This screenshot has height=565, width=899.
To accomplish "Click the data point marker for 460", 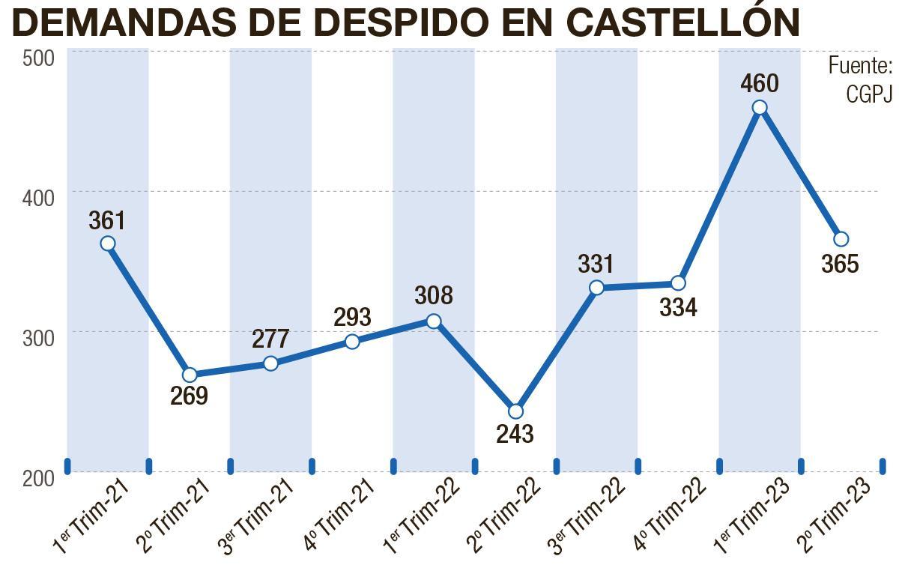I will pyautogui.click(x=760, y=107).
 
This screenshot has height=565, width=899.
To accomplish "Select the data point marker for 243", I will pyautogui.click(x=515, y=411).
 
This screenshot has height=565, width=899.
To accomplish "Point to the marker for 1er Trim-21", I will pyautogui.click(x=108, y=243).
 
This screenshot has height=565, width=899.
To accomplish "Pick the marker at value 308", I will pyautogui.click(x=434, y=321).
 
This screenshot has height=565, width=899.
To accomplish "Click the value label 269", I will pyautogui.click(x=189, y=396).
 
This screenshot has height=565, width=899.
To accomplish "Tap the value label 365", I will pyautogui.click(x=840, y=264).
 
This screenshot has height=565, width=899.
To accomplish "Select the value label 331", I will pyautogui.click(x=596, y=264).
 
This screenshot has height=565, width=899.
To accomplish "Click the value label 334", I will pyautogui.click(x=678, y=306).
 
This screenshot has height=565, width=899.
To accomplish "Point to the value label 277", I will pyautogui.click(x=270, y=339).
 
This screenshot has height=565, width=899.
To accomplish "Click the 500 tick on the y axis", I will pyautogui.click(x=38, y=58).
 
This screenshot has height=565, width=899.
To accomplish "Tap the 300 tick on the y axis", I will pyautogui.click(x=38, y=338).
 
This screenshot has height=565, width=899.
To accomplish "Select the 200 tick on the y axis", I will pyautogui.click(x=38, y=478).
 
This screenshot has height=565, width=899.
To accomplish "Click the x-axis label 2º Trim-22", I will pyautogui.click(x=501, y=516).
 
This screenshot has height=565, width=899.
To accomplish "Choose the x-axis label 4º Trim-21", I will pyautogui.click(x=339, y=516).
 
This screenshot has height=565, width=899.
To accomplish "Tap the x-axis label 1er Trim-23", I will pyautogui.click(x=745, y=516).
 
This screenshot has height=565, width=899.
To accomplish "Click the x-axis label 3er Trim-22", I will pyautogui.click(x=583, y=516).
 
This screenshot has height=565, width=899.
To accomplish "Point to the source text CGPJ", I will pyautogui.click(x=869, y=94).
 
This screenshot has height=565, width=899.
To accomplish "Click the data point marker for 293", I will pyautogui.click(x=352, y=342).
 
